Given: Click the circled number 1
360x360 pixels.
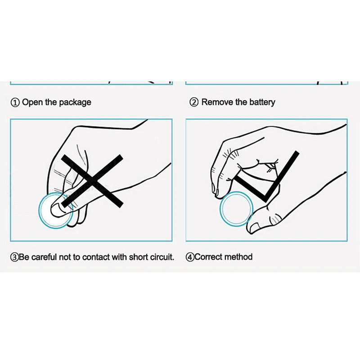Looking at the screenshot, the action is point(15,103).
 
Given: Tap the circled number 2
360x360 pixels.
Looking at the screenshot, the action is point(194,102).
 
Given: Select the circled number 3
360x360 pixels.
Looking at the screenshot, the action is point(14,257).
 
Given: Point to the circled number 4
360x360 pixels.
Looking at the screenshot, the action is point(190,257).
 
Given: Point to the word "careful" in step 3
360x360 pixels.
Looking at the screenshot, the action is point(44,257).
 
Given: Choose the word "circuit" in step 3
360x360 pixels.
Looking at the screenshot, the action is point(162,257).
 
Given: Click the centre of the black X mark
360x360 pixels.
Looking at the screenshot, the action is point(93,180).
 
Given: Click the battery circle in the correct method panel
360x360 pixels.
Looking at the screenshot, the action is point(220,209).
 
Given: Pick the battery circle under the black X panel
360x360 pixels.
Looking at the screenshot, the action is point(40,211).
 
